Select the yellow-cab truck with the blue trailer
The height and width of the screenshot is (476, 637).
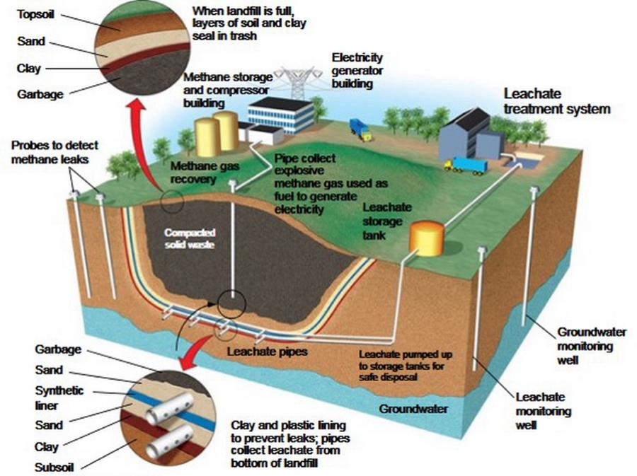(x=466, y=166)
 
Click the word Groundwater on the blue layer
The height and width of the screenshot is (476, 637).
(x=413, y=409)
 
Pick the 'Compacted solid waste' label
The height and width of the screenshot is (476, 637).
(x=190, y=238)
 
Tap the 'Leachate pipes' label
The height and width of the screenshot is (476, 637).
(x=267, y=352)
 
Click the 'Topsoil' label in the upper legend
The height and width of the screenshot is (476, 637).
(x=35, y=15)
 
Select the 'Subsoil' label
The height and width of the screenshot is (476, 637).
(x=54, y=467)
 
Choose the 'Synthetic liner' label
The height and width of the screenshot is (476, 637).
(x=59, y=398)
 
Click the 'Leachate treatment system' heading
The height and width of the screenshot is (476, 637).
(x=557, y=101)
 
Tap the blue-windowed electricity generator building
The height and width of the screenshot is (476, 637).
(x=281, y=115)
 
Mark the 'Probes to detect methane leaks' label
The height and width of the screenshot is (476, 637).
(x=54, y=152)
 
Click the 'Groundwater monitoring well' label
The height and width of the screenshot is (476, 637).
(x=592, y=346)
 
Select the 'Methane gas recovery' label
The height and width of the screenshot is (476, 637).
(x=205, y=173)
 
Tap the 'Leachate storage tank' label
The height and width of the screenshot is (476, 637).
(x=386, y=221)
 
